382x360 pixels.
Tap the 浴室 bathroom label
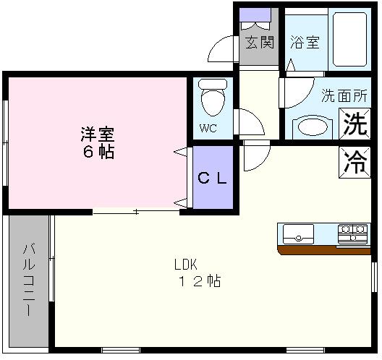305,42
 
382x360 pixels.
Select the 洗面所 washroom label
344,95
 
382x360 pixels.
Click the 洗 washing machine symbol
354,124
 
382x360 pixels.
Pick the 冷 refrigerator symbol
355,160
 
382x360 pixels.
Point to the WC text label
208,130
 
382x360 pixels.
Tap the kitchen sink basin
298,234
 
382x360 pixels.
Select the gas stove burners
353,233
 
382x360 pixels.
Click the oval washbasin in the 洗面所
313,127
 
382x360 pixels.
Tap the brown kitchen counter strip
323,250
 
